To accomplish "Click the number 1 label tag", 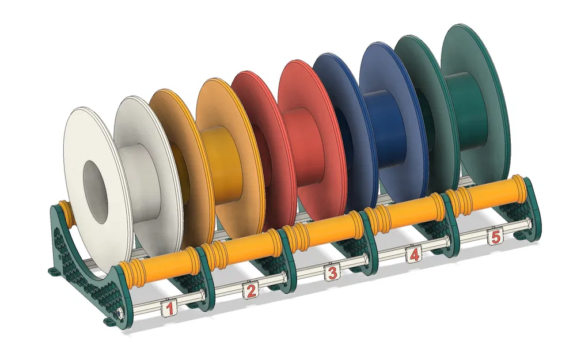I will click(x=169, y=309).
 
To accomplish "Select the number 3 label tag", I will click(x=331, y=273).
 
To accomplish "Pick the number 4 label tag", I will click(x=413, y=254).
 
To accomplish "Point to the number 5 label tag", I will click(x=494, y=236).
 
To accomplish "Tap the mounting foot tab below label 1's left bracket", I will click(x=109, y=319).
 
